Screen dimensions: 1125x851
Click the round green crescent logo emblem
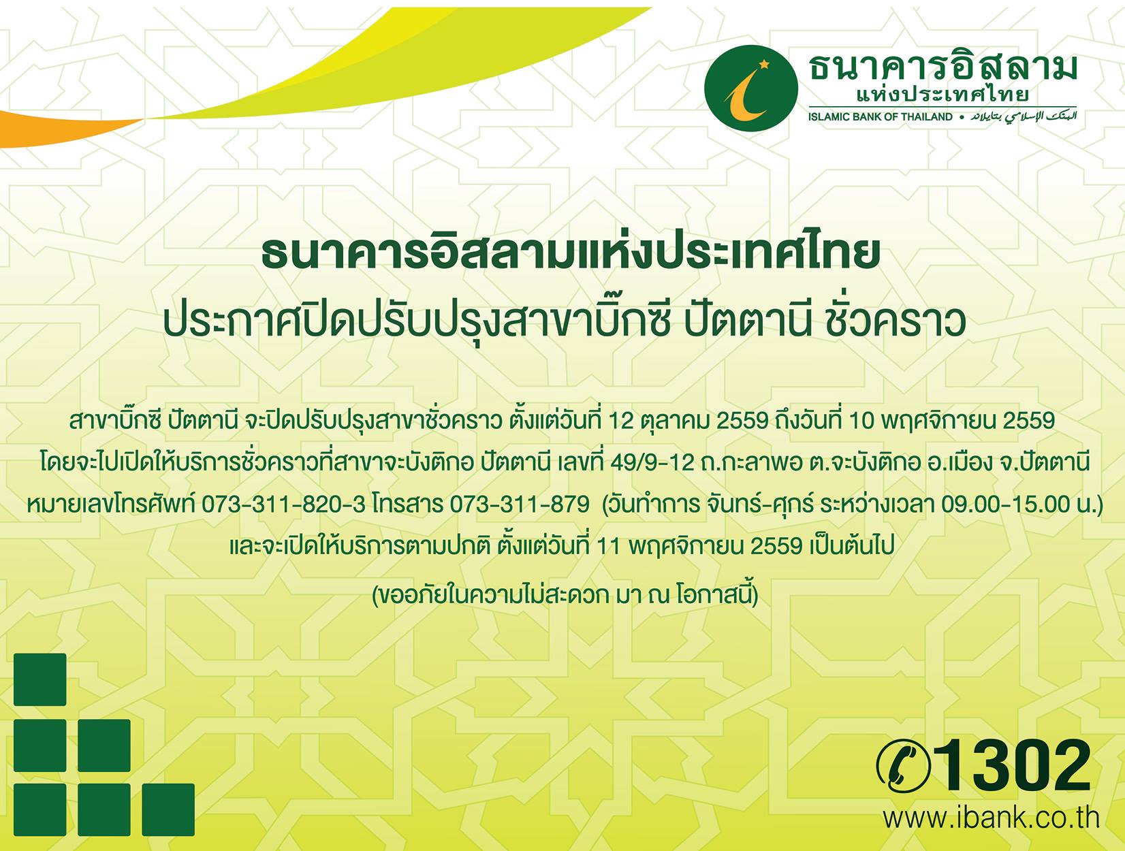coord(751,88)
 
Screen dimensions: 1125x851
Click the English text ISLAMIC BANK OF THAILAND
coord(880,117)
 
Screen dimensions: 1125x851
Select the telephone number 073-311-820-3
coord(283,504)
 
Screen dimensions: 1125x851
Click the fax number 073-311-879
coord(519,504)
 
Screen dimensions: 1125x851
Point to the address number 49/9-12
coord(652,464)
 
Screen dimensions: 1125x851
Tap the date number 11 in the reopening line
coord(609,546)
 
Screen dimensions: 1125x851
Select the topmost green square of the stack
coord(40,679)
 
